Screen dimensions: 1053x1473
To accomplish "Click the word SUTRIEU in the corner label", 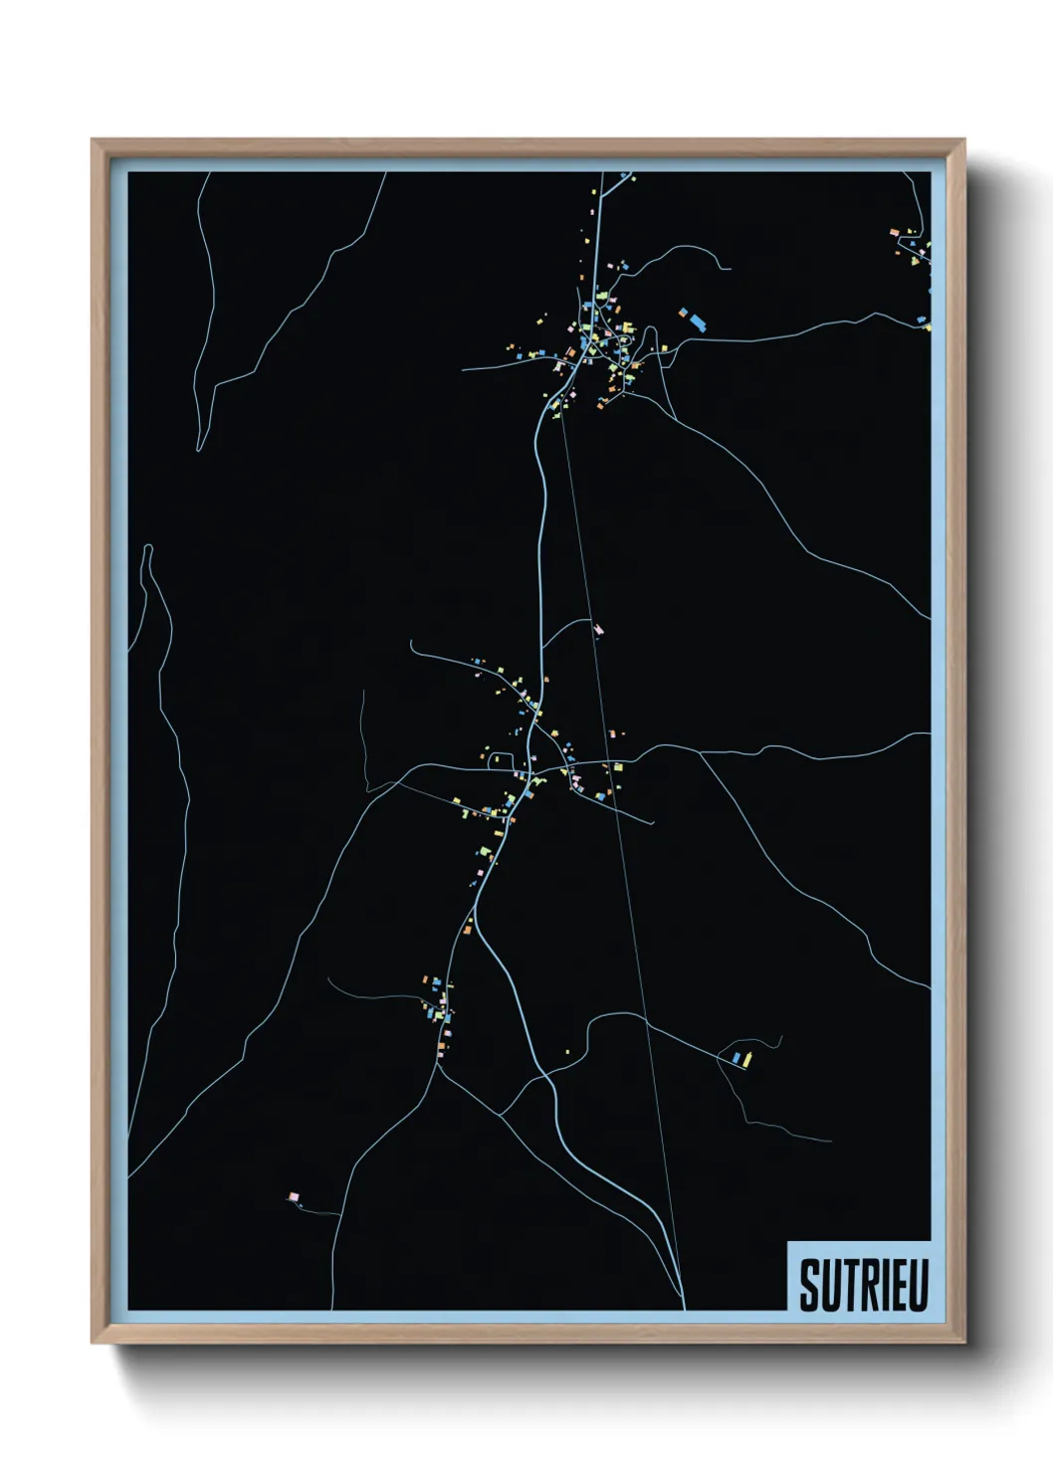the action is [x=863, y=1285].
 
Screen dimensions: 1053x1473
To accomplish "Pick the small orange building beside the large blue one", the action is [x=684, y=313].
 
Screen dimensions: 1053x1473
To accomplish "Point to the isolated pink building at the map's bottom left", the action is [x=293, y=1196].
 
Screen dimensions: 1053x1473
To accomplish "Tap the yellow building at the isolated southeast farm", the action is [x=746, y=1059].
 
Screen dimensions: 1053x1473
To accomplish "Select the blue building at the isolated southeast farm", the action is [x=736, y=1057].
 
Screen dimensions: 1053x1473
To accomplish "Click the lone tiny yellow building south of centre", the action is [x=567, y=1051].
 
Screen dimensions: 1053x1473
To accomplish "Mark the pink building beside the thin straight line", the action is [x=598, y=629].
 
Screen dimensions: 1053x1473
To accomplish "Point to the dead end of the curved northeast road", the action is [x=730, y=268].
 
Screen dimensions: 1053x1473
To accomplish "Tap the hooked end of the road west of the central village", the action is [x=412, y=644].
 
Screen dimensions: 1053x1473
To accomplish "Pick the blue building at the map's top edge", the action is [x=626, y=177].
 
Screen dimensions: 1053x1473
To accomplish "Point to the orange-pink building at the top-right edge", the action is [x=895, y=233].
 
